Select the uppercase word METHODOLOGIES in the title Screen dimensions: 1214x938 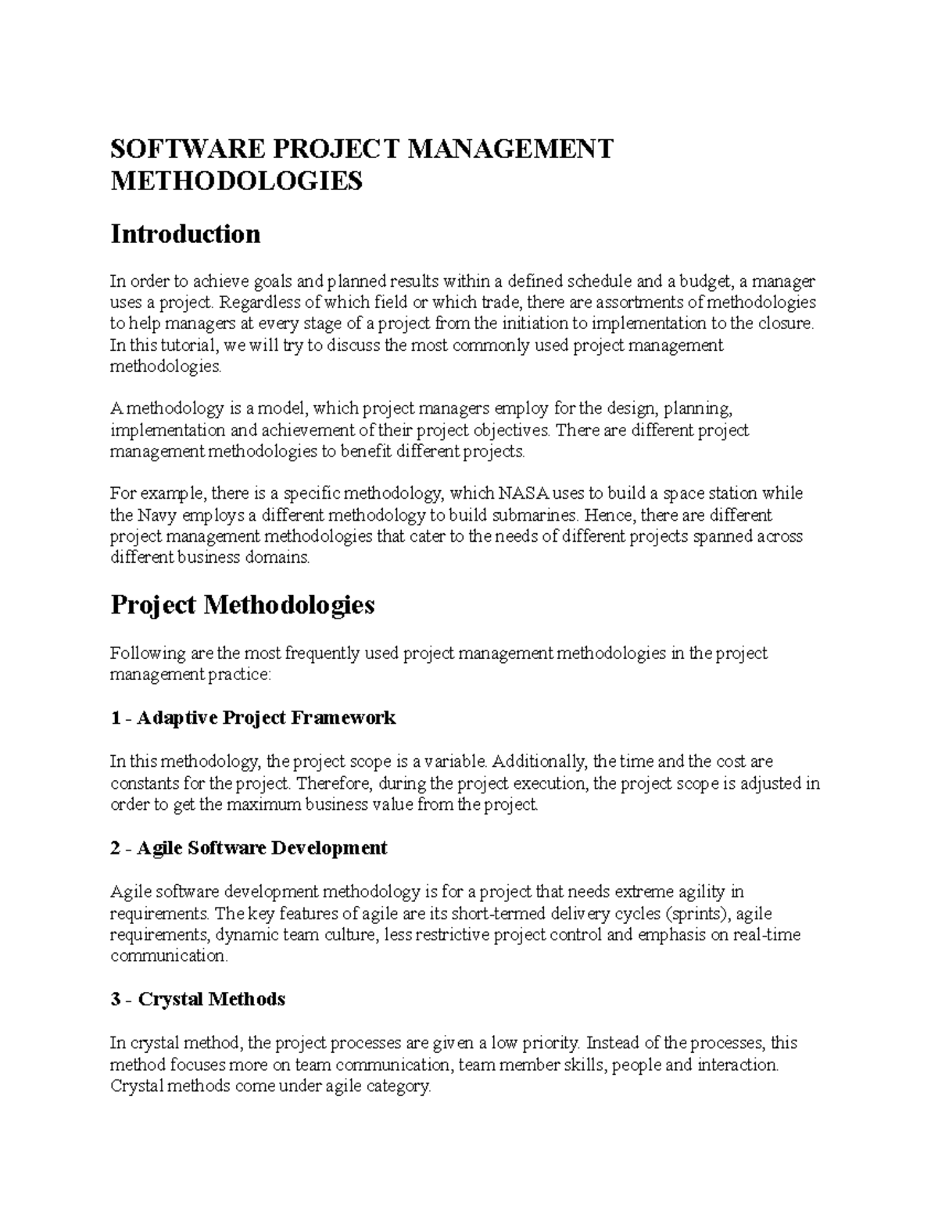(x=237, y=181)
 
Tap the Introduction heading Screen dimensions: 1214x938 (x=185, y=234)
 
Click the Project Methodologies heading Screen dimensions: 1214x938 (x=242, y=604)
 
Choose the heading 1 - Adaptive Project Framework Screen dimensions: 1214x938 (x=253, y=718)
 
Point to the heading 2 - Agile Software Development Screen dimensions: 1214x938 (x=249, y=847)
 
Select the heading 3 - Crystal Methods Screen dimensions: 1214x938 (x=198, y=999)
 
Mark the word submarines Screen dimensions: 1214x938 (x=535, y=515)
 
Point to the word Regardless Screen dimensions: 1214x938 (x=260, y=303)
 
